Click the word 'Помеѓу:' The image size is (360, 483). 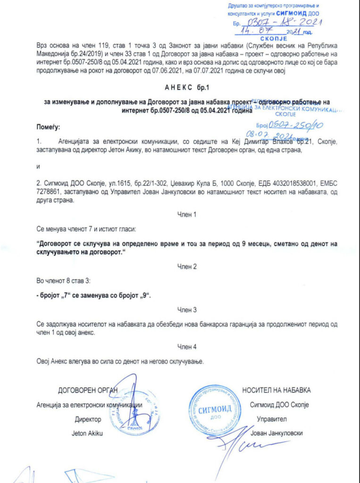pyautogui.click(x=49, y=127)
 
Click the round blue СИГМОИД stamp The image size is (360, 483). pyautogui.click(x=215, y=410)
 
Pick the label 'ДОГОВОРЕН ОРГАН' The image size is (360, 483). pyautogui.click(x=87, y=390)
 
